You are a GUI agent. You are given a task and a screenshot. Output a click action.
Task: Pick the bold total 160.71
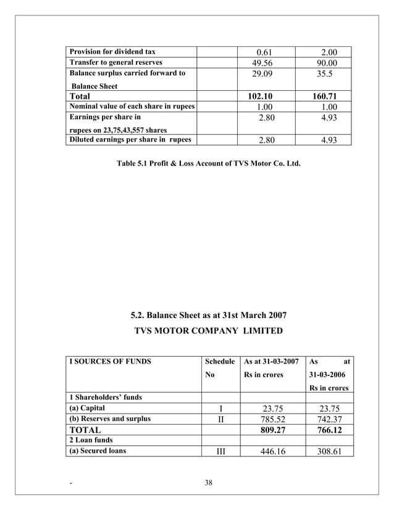tap(324, 96)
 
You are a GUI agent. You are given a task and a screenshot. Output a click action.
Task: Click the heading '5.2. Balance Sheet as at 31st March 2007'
tap(209, 315)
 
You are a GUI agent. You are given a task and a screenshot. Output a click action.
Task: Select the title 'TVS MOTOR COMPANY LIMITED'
tap(209, 331)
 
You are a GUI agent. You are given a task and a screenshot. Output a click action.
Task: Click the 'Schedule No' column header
tap(220, 368)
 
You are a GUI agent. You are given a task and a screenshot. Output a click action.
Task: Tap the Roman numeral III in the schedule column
tap(220, 451)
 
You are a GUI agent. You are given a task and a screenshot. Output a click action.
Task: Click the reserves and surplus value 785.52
tap(272, 419)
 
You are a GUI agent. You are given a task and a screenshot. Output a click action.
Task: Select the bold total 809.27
tap(272, 430)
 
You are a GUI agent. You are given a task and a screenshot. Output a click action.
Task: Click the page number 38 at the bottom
tap(208, 483)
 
